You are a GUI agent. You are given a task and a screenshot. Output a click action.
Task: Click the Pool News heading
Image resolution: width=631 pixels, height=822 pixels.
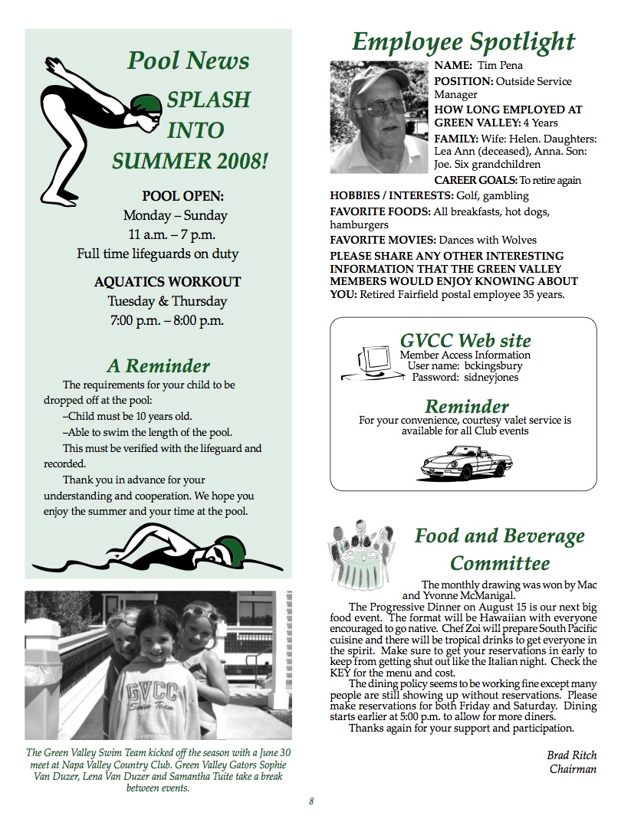(188, 61)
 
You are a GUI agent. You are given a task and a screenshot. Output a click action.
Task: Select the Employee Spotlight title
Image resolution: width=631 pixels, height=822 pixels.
(463, 41)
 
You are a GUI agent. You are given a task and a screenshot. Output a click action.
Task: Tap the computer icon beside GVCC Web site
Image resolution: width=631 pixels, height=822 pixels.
(373, 363)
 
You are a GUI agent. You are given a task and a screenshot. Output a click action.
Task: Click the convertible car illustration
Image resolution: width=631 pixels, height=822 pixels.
(466, 460)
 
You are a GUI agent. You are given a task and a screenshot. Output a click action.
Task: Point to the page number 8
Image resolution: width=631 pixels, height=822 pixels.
(311, 801)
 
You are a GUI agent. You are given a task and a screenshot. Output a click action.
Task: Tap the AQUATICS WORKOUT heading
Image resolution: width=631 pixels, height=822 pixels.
(167, 282)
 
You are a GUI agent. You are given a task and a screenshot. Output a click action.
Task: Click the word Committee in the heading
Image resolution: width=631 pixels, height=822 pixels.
(499, 563)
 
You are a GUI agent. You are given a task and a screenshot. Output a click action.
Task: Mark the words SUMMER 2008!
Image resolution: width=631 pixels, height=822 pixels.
(190, 161)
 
